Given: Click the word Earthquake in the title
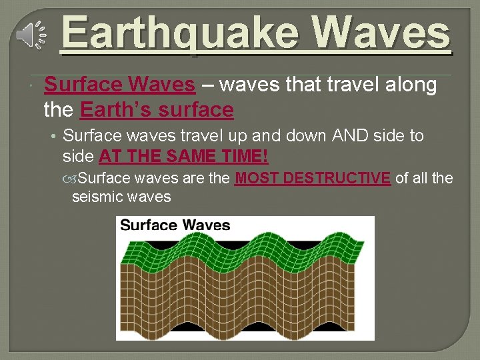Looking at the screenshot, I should [x=181, y=34].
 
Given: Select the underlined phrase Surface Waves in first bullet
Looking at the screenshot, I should [x=119, y=85].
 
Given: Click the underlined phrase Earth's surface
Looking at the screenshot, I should [x=157, y=109].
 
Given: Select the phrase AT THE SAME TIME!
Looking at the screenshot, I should [x=183, y=157].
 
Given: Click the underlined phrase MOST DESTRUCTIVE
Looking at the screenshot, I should [x=313, y=178].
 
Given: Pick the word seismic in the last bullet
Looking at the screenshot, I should [x=95, y=197].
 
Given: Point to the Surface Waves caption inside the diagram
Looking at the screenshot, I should [x=175, y=225].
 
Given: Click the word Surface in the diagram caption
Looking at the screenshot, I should [x=148, y=225].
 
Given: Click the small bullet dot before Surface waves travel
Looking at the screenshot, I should [x=53, y=137].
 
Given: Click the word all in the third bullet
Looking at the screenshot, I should [x=420, y=178].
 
